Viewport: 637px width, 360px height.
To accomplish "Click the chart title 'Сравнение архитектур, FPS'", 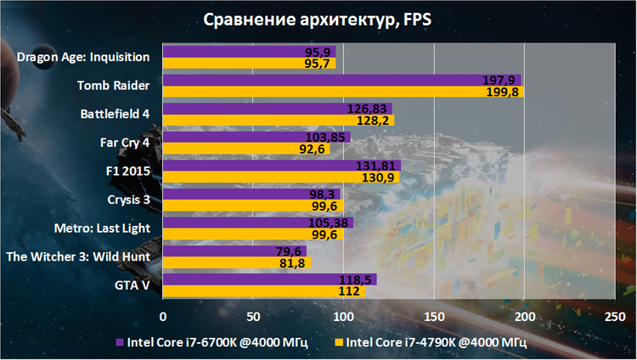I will click(318, 20).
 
